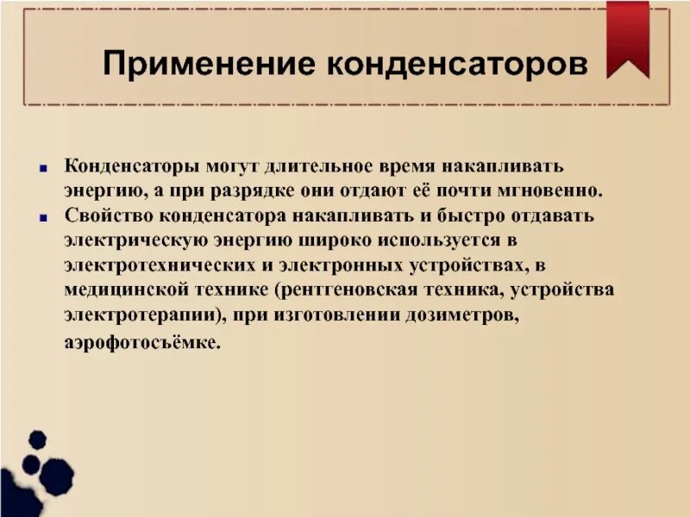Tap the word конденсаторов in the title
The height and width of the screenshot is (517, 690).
point(458,64)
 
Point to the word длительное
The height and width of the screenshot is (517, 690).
point(317,165)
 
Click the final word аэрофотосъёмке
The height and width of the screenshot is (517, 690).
point(142,343)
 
